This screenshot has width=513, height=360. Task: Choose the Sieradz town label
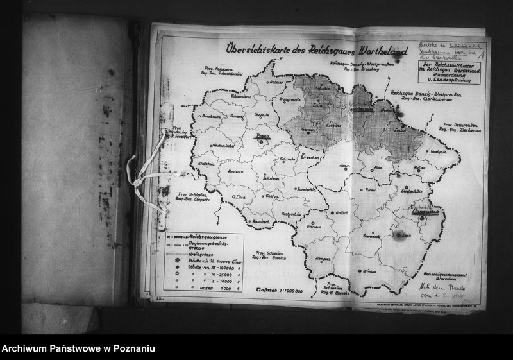tap(371, 236)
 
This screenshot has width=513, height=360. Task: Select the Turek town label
tap(371, 191)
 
